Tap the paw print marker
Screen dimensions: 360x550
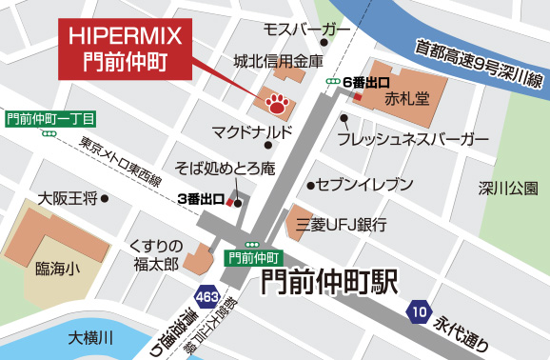277,100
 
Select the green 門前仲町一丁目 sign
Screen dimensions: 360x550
49,119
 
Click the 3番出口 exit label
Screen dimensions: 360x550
200,200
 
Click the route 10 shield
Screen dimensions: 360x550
419,310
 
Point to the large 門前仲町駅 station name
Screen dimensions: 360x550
329,282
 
